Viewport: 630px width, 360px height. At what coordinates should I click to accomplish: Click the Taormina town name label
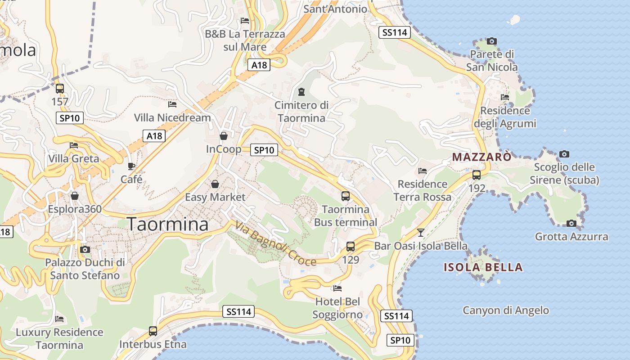(x=168, y=224)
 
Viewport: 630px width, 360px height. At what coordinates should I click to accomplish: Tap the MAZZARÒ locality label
(x=482, y=157)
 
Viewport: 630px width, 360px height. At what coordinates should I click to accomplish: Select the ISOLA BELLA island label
(x=483, y=267)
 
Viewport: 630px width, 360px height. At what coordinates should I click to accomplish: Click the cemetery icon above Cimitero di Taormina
(x=301, y=92)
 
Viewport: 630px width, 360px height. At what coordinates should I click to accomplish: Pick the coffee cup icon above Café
(x=131, y=166)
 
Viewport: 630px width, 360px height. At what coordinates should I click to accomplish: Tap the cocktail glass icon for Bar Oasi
(x=421, y=232)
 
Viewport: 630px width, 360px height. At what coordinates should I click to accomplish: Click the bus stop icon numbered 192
(x=477, y=175)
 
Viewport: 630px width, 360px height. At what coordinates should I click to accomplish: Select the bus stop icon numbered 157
(x=60, y=88)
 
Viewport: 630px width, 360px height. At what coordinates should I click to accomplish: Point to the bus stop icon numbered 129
(x=351, y=246)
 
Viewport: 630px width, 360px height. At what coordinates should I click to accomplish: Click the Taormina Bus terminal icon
(x=346, y=196)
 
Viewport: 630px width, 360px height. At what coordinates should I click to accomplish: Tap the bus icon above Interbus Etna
(x=153, y=331)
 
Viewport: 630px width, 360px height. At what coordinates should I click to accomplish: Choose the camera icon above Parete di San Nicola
(x=492, y=41)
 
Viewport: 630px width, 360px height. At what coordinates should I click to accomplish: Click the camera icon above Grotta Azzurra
(x=571, y=223)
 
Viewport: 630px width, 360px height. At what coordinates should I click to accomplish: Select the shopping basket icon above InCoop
(x=224, y=135)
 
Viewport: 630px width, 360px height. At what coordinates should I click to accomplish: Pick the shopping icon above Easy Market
(x=215, y=184)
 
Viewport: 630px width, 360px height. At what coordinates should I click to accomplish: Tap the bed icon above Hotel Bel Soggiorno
(x=337, y=288)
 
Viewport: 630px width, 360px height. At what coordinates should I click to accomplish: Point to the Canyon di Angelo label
(x=506, y=310)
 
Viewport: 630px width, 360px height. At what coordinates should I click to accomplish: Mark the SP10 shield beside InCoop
(x=264, y=150)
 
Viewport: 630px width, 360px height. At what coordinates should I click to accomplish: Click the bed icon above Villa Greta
(x=74, y=145)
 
